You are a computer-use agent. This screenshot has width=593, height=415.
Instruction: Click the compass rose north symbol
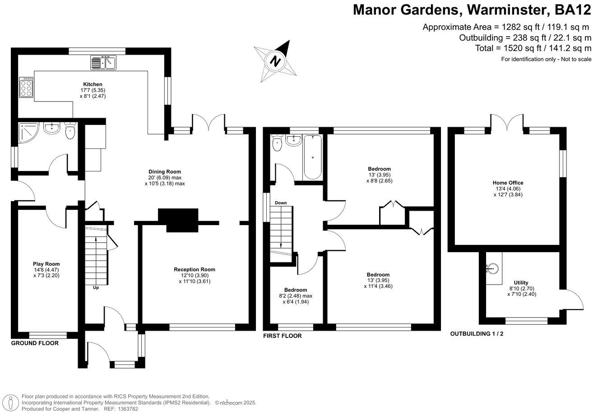(275, 60)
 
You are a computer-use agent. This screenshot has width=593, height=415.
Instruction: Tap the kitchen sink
(103, 63)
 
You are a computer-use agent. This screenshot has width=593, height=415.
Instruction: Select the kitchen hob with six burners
(26, 88)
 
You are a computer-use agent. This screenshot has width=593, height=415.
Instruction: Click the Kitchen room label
(93, 84)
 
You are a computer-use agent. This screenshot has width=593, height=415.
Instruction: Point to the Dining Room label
(165, 171)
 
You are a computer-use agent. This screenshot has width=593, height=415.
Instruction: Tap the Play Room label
(46, 264)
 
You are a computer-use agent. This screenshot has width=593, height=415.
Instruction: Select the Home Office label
(508, 183)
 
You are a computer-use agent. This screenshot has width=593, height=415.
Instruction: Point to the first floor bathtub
(312, 157)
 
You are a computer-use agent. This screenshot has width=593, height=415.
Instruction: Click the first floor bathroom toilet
(278, 144)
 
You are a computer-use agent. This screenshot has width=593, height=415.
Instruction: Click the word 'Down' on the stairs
(281, 203)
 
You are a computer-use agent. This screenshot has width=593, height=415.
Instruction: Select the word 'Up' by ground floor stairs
(96, 287)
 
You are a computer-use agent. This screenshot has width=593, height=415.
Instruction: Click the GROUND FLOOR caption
(35, 343)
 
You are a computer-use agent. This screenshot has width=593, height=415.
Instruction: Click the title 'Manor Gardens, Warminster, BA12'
(472, 9)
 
